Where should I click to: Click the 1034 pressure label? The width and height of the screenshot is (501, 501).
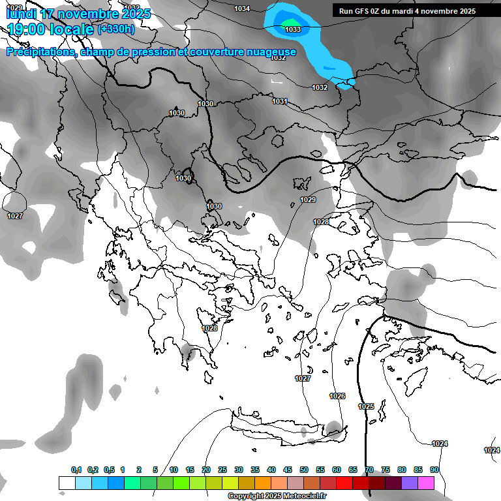coord(242,8)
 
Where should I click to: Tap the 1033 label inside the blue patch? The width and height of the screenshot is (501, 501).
coord(292,29)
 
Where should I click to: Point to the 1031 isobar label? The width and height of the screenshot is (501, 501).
coord(280,101)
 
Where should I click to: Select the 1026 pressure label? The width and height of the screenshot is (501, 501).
coord(337,396)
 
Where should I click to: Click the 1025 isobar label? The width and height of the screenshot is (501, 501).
coord(366,406)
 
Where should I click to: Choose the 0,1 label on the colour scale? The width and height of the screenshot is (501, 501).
coord(76,470)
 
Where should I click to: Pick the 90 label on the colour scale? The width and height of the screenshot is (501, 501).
coord(434,470)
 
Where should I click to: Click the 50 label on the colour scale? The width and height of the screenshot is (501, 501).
coord(304,470)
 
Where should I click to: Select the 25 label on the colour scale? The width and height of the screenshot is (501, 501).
coord(222,470)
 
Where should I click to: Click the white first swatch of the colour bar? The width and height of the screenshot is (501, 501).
coord(67,483)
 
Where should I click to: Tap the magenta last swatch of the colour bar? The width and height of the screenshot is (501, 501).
coord(426,483)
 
